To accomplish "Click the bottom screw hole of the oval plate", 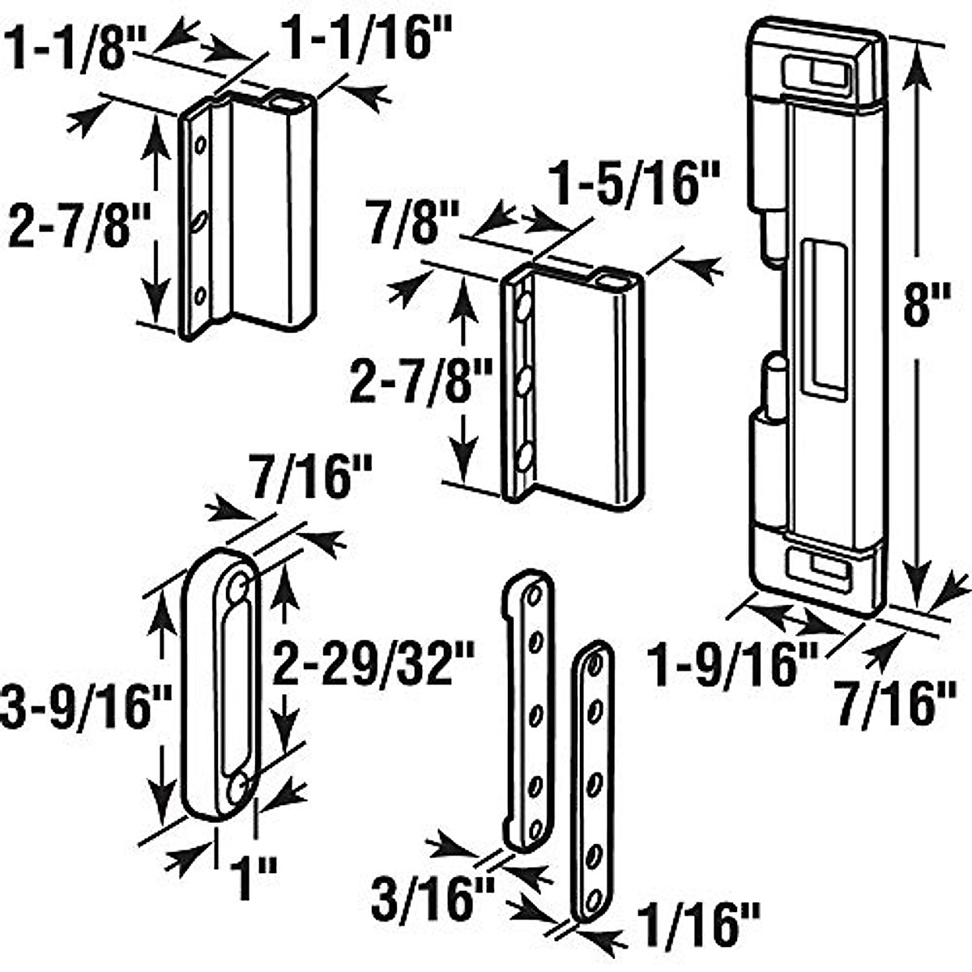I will coord(237,788).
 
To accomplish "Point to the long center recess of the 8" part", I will coord(823,316).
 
